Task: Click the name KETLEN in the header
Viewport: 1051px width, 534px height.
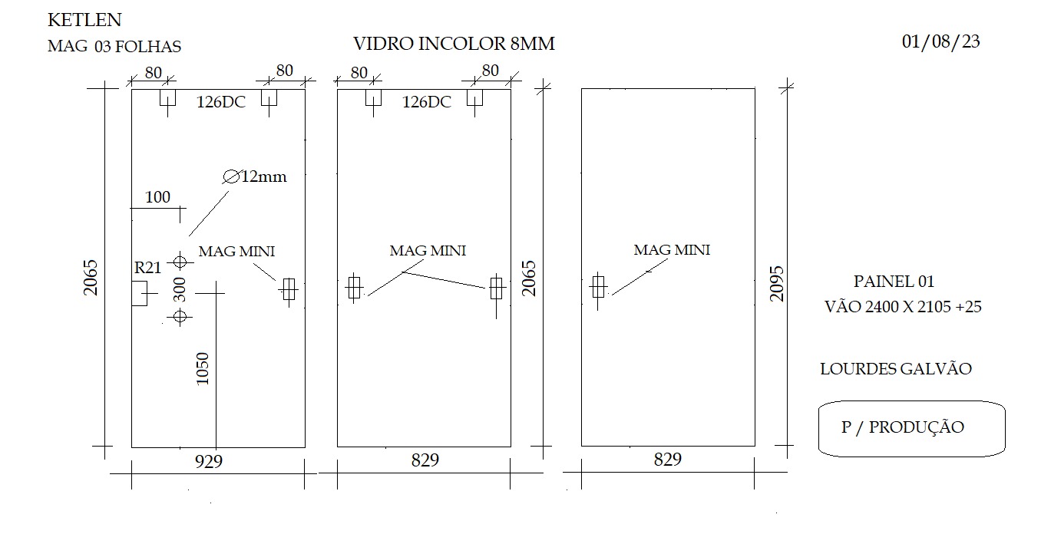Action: click(84, 20)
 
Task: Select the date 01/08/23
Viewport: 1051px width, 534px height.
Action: click(940, 42)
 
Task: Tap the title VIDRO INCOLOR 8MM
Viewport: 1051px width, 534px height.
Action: click(454, 44)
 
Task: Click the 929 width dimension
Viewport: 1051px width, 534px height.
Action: click(209, 462)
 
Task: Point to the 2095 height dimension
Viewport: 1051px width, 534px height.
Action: click(777, 284)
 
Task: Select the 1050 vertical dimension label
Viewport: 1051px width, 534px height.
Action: click(202, 369)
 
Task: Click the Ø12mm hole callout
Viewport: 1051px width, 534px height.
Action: click(254, 176)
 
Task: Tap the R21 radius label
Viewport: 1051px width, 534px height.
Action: click(147, 268)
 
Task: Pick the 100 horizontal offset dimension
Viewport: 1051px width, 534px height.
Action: click(157, 197)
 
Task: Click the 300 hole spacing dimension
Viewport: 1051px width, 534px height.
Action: click(180, 289)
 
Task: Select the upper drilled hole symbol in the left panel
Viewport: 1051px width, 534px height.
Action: click(180, 261)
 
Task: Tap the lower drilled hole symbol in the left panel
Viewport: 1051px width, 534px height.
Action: click(180, 316)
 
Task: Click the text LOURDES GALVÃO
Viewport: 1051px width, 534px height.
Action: click(896, 370)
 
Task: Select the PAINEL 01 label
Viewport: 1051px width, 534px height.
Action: click(894, 282)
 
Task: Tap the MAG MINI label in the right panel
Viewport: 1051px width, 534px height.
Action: click(672, 250)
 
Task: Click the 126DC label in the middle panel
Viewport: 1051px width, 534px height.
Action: click(427, 102)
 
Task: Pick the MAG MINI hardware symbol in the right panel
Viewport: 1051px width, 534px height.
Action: click(598, 287)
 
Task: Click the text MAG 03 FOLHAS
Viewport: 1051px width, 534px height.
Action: click(114, 47)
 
